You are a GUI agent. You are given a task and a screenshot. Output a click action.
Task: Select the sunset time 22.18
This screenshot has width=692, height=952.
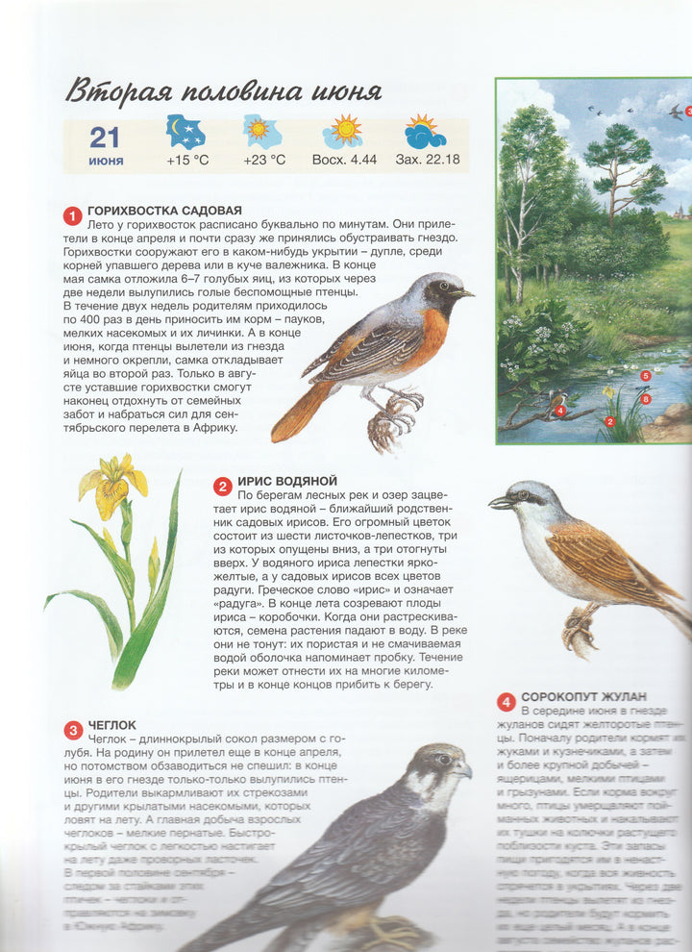[x=427, y=160]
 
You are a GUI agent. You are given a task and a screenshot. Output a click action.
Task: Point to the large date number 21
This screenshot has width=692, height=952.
[x=106, y=137]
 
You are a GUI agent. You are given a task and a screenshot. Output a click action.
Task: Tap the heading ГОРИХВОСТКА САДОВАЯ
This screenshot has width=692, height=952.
[x=163, y=211]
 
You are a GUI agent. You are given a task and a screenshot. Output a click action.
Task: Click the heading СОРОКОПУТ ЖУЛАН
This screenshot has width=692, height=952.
[x=583, y=696]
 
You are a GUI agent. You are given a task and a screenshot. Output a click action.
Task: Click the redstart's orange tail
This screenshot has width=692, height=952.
[x=293, y=413]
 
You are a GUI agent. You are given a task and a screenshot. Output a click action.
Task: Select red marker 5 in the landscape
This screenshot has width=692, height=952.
[x=646, y=375]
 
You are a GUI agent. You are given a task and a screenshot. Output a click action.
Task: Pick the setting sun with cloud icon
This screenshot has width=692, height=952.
[x=426, y=132]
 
